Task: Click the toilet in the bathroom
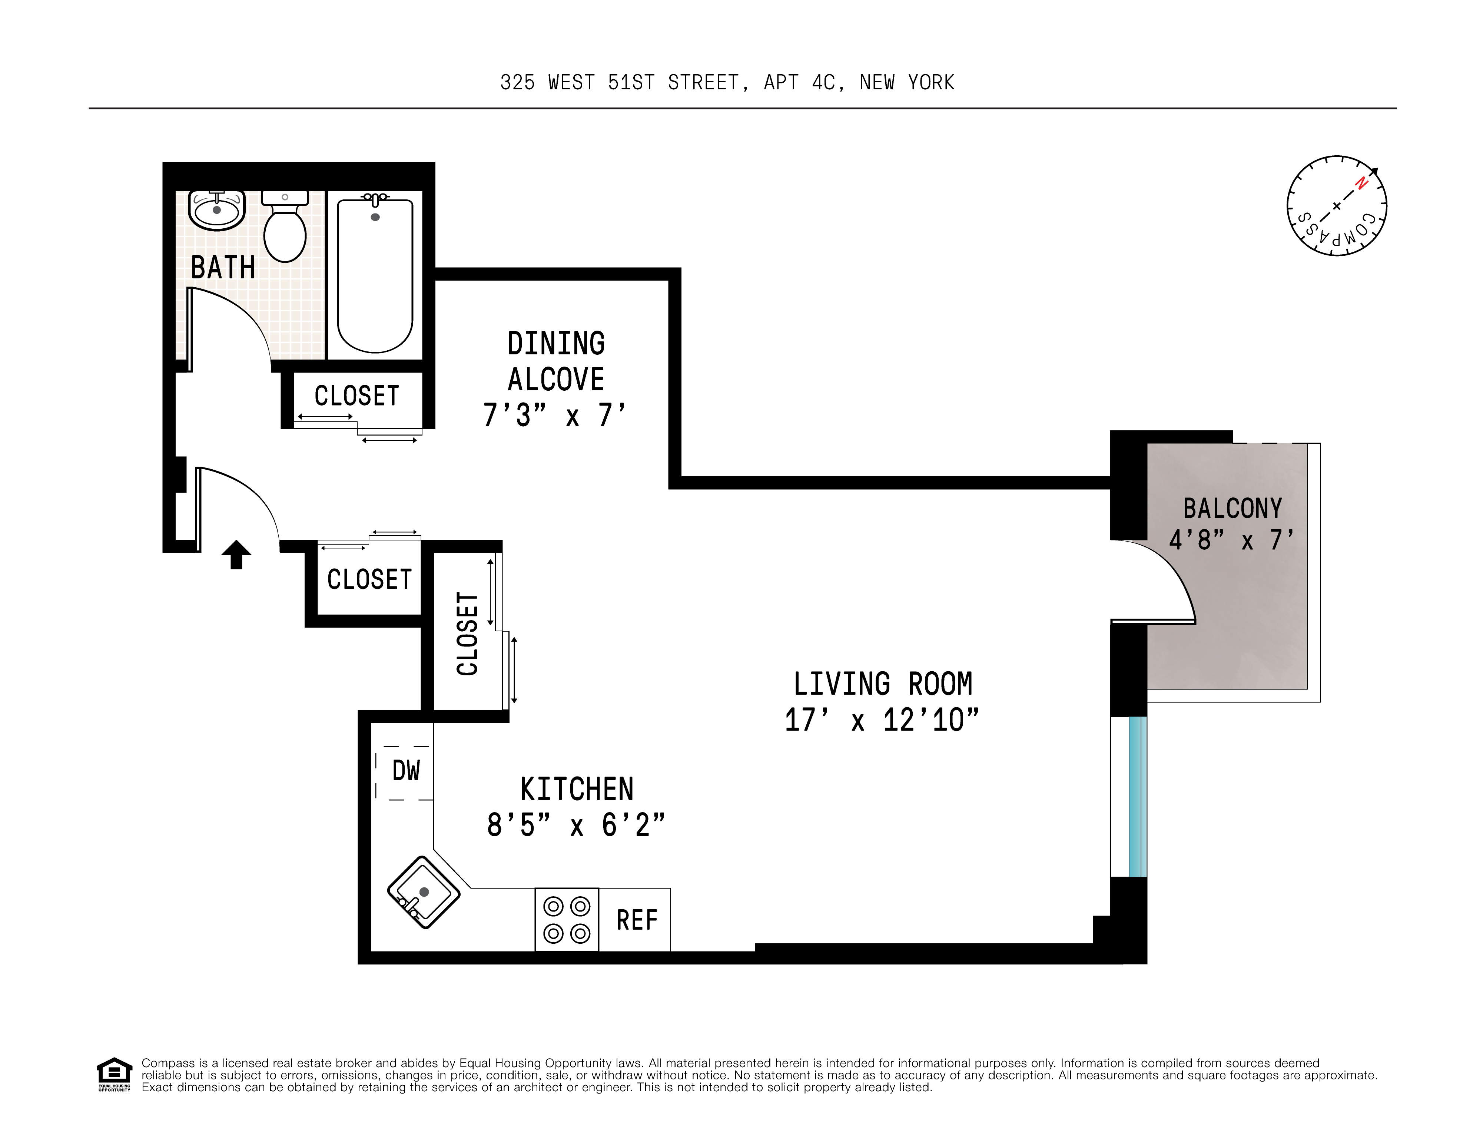coord(285,226)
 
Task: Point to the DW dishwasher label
coord(406,771)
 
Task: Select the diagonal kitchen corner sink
coord(424,892)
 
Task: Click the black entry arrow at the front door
coord(236,554)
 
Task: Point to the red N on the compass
coord(1361,183)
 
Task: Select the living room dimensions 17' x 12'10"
coord(882,720)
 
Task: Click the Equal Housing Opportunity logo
coord(114,1074)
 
